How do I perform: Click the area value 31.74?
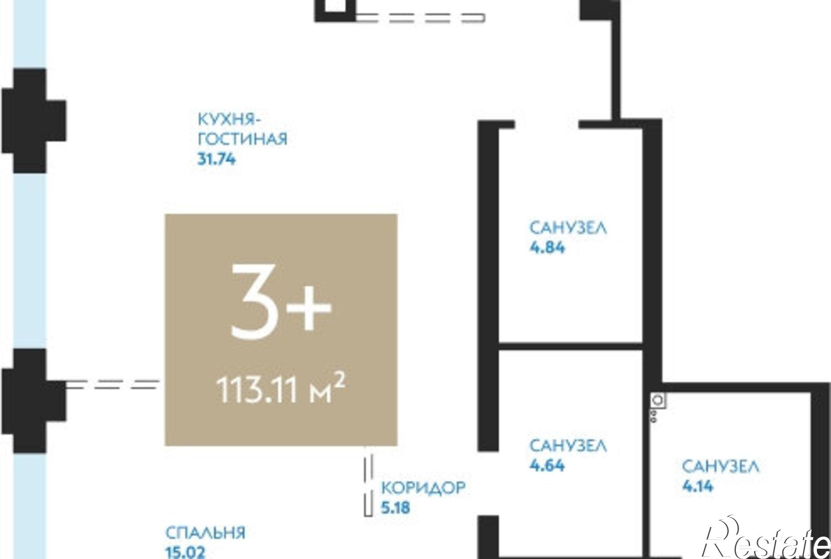click(216, 159)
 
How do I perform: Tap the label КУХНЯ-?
click(229, 119)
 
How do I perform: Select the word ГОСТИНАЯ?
click(243, 139)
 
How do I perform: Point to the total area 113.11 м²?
click(281, 389)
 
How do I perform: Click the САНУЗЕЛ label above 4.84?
click(568, 228)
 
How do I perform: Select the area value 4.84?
click(547, 248)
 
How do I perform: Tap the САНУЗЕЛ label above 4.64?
click(568, 446)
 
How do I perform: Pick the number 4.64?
click(547, 465)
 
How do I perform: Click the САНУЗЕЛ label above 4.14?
click(720, 466)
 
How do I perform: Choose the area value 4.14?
click(698, 486)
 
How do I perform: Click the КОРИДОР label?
click(423, 488)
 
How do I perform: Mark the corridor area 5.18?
click(396, 508)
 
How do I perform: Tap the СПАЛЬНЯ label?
click(206, 533)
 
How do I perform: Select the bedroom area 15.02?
click(185, 552)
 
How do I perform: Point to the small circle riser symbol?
click(658, 400)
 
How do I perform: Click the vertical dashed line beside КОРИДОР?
click(368, 481)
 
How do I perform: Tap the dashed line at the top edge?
click(420, 17)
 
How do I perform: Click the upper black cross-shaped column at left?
click(33, 120)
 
